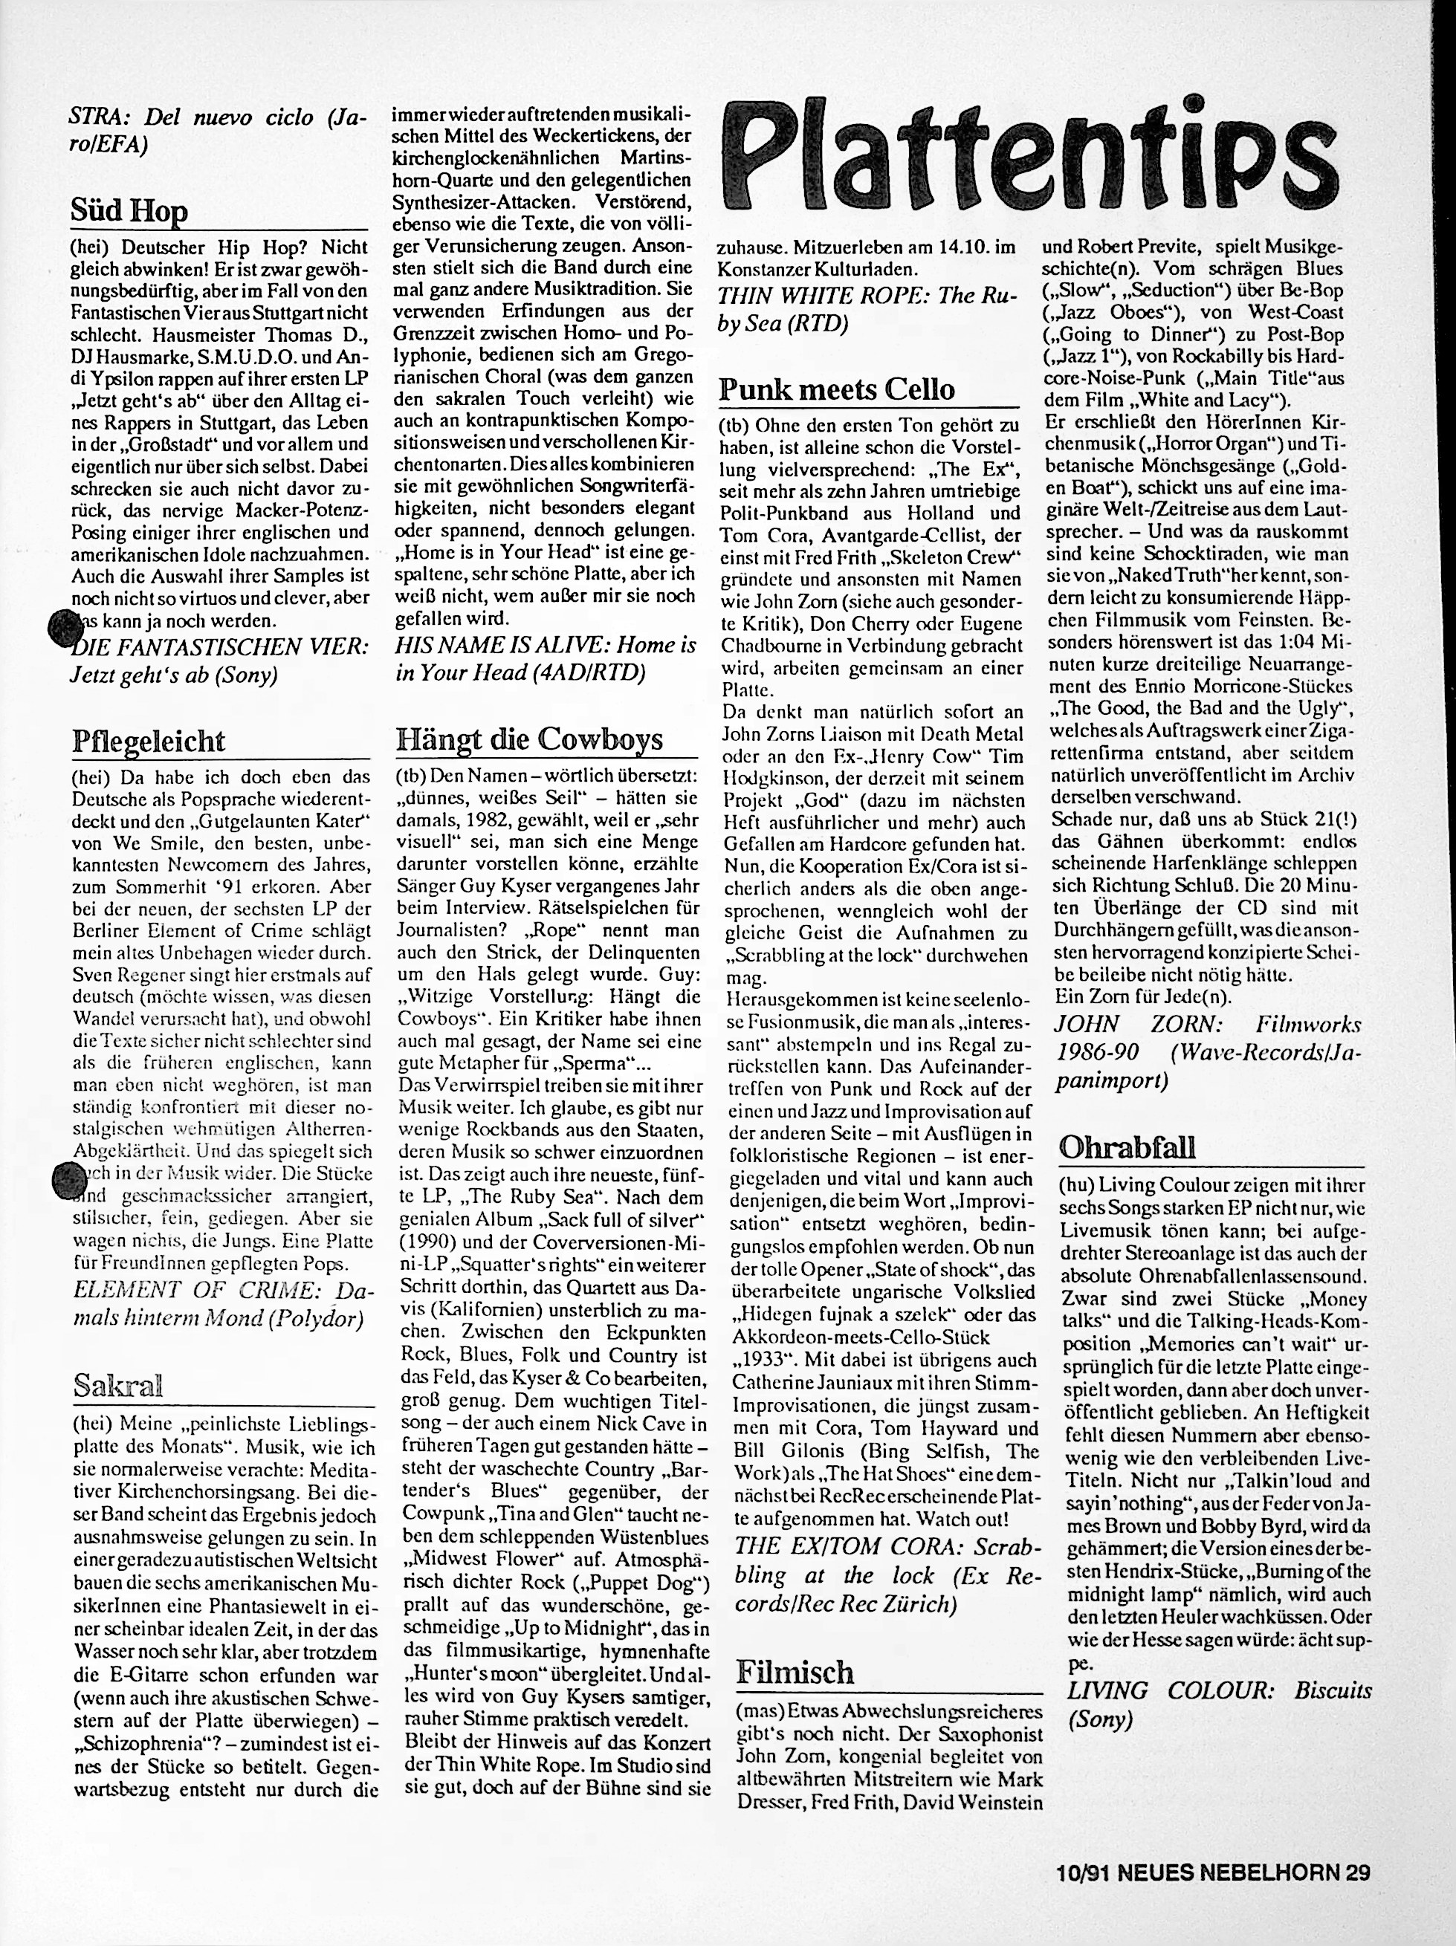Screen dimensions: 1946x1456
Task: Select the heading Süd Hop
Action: pyautogui.click(x=129, y=211)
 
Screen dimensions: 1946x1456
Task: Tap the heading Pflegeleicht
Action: pyautogui.click(x=149, y=741)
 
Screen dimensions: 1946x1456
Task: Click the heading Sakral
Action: pyautogui.click(x=119, y=1386)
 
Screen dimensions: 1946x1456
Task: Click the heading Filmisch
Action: pyautogui.click(x=795, y=1672)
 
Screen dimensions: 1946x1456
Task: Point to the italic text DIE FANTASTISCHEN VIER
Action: pyautogui.click(x=220, y=646)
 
